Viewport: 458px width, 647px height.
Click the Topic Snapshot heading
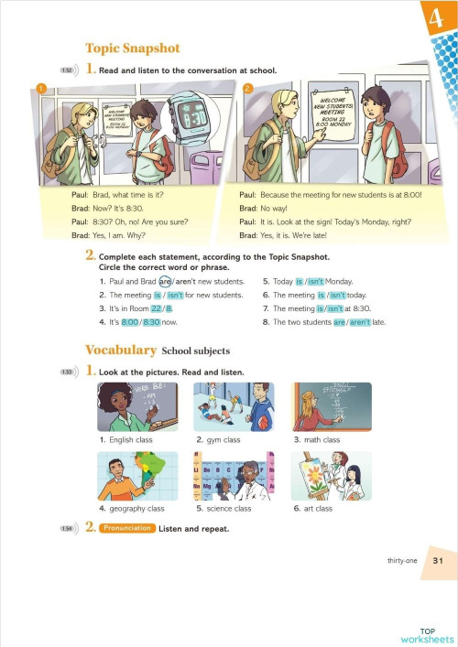132,49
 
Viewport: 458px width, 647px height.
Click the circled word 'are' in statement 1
165,282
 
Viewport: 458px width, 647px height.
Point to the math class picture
332,406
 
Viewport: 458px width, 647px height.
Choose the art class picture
332,477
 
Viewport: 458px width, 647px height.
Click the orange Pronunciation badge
126,529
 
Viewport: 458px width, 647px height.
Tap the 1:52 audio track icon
67,70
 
